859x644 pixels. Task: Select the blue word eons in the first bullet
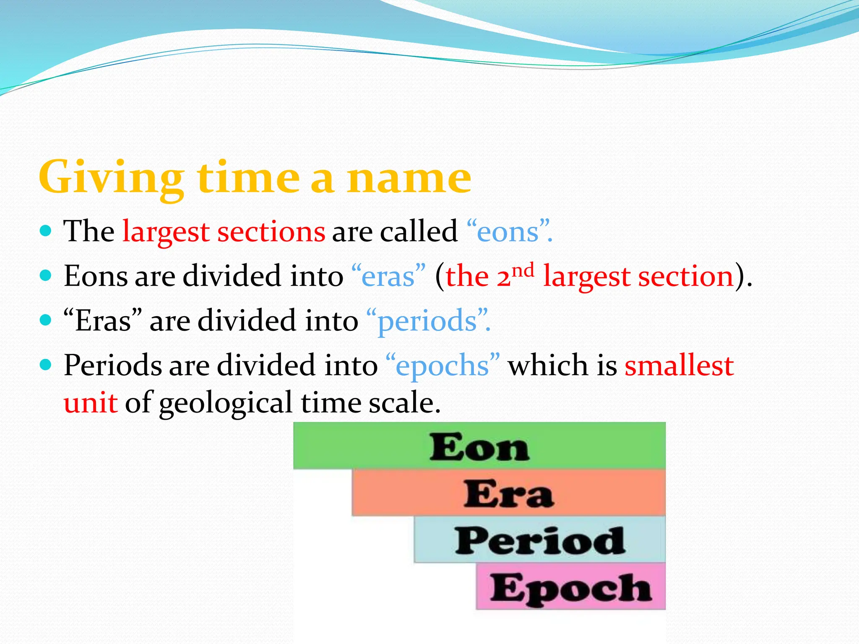(x=508, y=231)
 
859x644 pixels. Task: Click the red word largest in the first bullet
(x=166, y=231)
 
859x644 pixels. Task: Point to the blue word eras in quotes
(x=388, y=277)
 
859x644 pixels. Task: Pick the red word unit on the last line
(x=90, y=402)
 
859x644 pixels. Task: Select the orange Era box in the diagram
(x=508, y=493)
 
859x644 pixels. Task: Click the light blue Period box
(x=540, y=540)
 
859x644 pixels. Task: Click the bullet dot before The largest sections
(x=45, y=231)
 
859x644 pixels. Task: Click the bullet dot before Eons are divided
(x=45, y=275)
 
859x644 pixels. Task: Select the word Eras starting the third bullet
(x=103, y=321)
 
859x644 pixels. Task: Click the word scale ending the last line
(x=403, y=402)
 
